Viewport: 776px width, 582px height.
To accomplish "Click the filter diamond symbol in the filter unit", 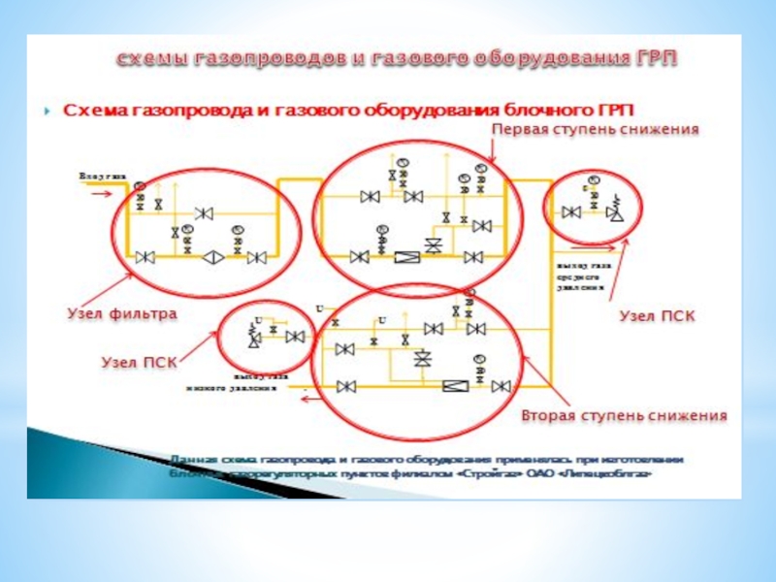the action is click(x=212, y=257).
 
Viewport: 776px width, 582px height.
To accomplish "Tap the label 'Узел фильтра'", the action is click(x=121, y=314).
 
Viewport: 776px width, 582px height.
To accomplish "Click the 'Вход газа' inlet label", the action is click(x=102, y=176).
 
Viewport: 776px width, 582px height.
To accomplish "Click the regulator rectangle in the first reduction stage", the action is click(x=407, y=257).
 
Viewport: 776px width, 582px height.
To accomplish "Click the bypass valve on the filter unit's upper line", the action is click(x=204, y=212).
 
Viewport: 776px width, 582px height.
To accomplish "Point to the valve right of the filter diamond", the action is click(x=257, y=257).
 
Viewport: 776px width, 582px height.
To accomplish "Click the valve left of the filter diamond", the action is click(x=146, y=257).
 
